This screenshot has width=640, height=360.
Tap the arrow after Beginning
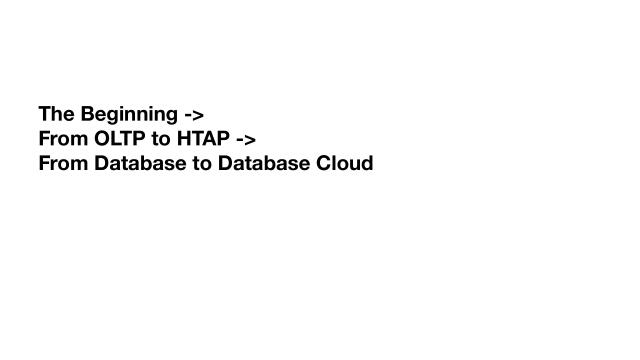(194, 114)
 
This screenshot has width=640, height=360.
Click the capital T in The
(45, 114)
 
